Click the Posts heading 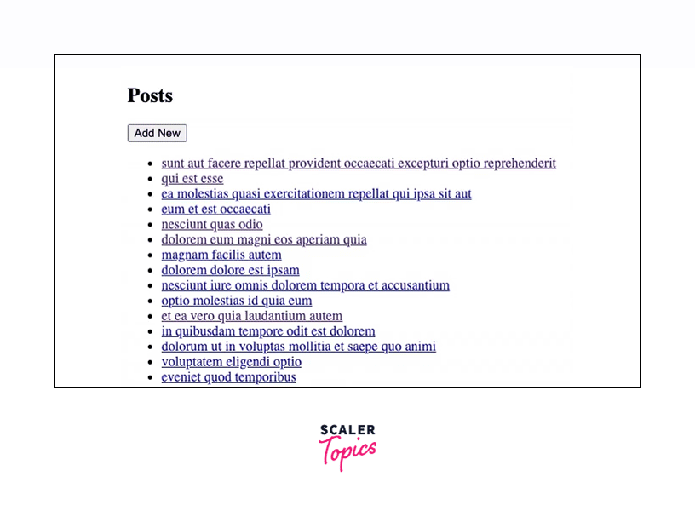click(x=150, y=96)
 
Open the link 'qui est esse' click(x=192, y=179)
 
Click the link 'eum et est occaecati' click(x=215, y=210)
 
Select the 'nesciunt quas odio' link click(x=212, y=225)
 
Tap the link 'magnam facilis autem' click(x=221, y=255)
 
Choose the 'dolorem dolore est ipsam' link click(x=230, y=271)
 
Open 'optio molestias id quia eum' click(x=237, y=301)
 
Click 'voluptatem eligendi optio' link click(x=231, y=362)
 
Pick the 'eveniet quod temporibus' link click(x=228, y=377)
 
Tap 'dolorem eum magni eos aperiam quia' click(x=264, y=240)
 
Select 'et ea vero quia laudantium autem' click(x=251, y=316)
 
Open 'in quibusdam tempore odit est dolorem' click(x=268, y=331)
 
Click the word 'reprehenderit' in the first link click(x=518, y=164)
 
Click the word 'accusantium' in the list click(x=413, y=286)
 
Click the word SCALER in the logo click(x=347, y=431)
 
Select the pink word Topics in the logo click(x=347, y=451)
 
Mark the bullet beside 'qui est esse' click(x=150, y=180)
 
